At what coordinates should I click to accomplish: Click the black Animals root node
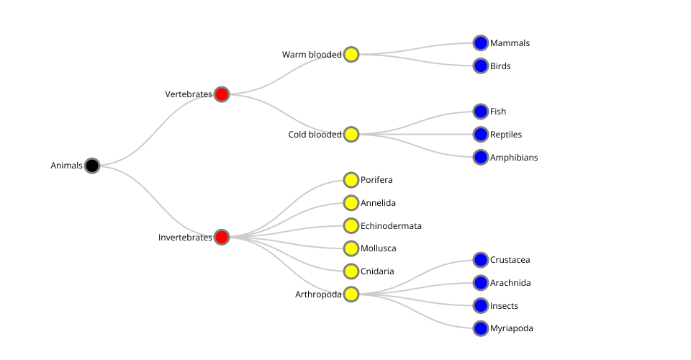(92, 166)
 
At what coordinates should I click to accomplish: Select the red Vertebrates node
(222, 94)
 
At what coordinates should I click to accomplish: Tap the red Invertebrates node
(222, 237)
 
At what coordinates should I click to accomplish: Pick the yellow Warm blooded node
(351, 54)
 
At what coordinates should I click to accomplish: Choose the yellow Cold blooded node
(351, 134)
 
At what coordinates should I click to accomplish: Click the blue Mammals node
(481, 43)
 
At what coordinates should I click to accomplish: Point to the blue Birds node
(481, 66)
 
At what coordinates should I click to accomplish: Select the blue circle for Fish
(481, 111)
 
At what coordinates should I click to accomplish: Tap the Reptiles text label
(506, 135)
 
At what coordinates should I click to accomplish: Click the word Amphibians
(514, 158)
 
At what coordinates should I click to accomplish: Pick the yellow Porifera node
(351, 180)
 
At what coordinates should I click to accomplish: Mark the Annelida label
(378, 203)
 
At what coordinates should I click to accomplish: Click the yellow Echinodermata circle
(351, 225)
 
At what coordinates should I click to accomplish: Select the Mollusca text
(378, 248)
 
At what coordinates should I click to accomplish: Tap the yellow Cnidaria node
(351, 271)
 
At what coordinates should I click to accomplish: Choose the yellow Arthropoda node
(351, 294)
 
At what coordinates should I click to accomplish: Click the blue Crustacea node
(481, 260)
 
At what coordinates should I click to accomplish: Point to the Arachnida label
(510, 283)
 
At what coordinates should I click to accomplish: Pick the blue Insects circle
(481, 305)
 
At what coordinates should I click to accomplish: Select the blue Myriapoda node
(481, 328)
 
